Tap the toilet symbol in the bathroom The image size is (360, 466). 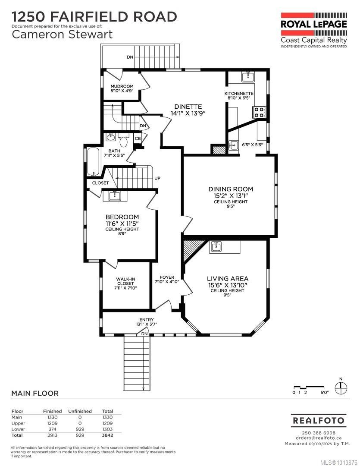(x=123, y=141)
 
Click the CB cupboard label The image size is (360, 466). (x=138, y=139)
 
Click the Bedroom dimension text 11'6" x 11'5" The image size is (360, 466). (x=122, y=224)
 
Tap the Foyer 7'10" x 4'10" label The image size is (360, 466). (x=166, y=279)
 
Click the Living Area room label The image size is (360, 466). (x=227, y=279)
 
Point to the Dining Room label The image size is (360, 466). (x=231, y=189)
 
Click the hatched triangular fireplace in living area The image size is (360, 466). (x=190, y=249)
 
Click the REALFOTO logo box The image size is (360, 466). (x=318, y=420)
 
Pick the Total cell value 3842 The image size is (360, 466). (x=107, y=435)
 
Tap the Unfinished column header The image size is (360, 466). (x=80, y=411)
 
